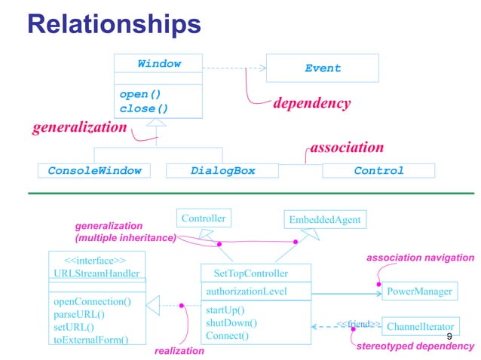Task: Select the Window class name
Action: pos(159,64)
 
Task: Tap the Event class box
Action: pos(323,68)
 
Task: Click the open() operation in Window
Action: pos(140,95)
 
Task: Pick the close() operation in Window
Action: pos(143,108)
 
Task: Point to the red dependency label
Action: pos(311,103)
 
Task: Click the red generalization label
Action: pos(79,127)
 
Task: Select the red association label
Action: pos(347,147)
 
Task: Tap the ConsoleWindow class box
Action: pos(94,171)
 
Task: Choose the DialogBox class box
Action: pos(222,171)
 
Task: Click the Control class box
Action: pos(378,171)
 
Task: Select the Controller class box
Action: pos(203,218)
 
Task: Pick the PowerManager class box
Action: pos(419,291)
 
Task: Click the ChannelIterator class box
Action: pos(420,327)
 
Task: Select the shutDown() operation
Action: pos(231,322)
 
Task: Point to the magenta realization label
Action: pos(179,351)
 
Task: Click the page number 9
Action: pos(449,336)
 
